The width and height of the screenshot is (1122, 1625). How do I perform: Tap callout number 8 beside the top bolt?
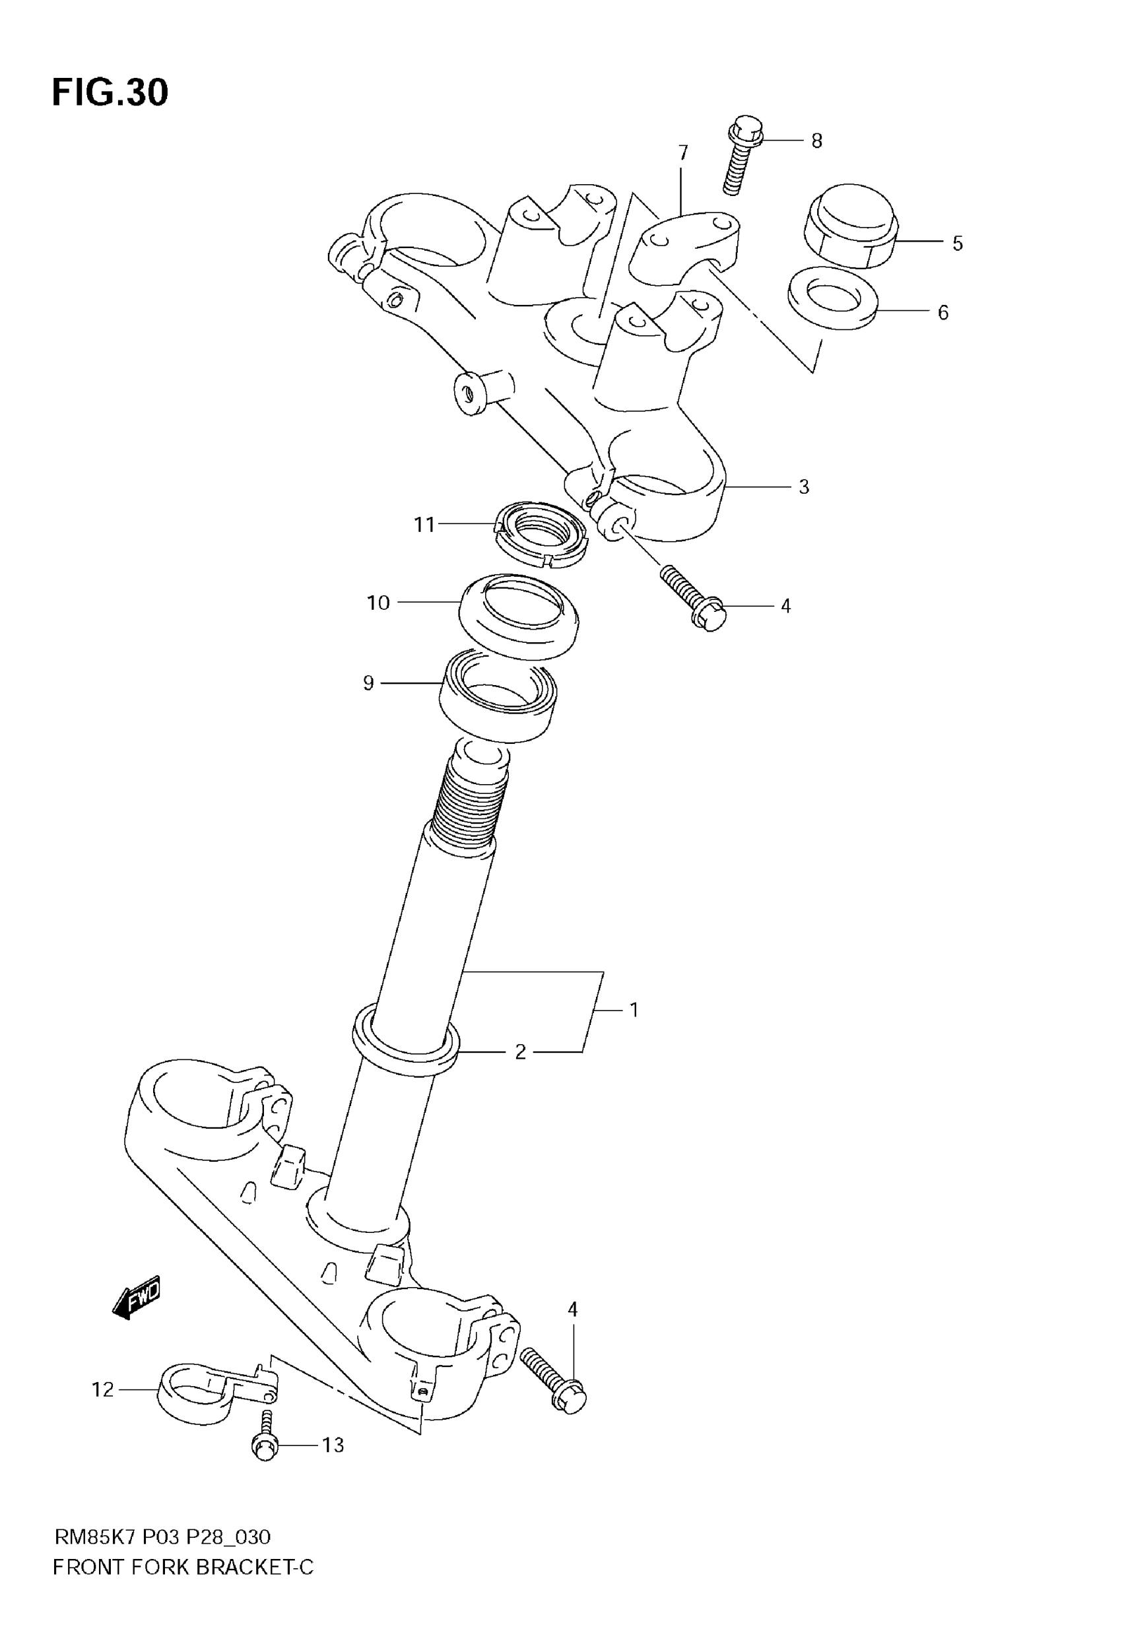[816, 141]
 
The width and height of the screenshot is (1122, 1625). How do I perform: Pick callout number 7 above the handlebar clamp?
[682, 152]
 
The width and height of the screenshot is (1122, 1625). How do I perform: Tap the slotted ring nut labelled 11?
[541, 534]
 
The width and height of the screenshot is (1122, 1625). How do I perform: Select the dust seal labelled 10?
[518, 615]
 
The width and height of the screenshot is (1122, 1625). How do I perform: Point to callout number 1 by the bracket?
[634, 1010]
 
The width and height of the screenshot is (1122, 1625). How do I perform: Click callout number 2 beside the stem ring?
[520, 1052]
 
